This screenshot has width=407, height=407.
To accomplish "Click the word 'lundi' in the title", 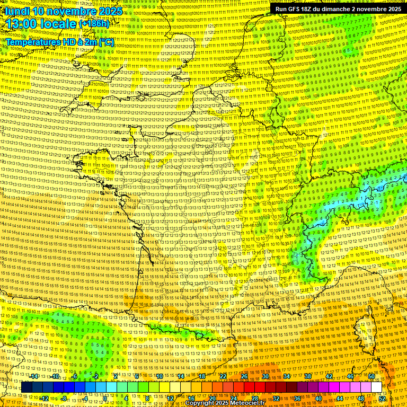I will [17, 11].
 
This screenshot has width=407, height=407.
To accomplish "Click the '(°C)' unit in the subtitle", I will [107, 41].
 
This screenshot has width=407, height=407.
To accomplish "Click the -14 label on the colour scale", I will [34, 376].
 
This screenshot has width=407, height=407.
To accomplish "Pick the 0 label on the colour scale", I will [105, 398].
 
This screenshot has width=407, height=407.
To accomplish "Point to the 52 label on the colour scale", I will [382, 398].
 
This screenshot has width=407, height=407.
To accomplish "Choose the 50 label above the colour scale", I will [371, 376].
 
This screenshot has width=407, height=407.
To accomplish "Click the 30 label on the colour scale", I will [265, 376].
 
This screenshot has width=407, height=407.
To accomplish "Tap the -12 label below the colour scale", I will [45, 398].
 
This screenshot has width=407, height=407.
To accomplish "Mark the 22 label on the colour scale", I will [223, 376].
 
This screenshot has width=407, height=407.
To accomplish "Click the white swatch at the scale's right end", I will [377, 387].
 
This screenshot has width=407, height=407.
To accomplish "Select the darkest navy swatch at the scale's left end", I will [27, 387].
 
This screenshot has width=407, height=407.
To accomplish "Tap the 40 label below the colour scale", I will [318, 398].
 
